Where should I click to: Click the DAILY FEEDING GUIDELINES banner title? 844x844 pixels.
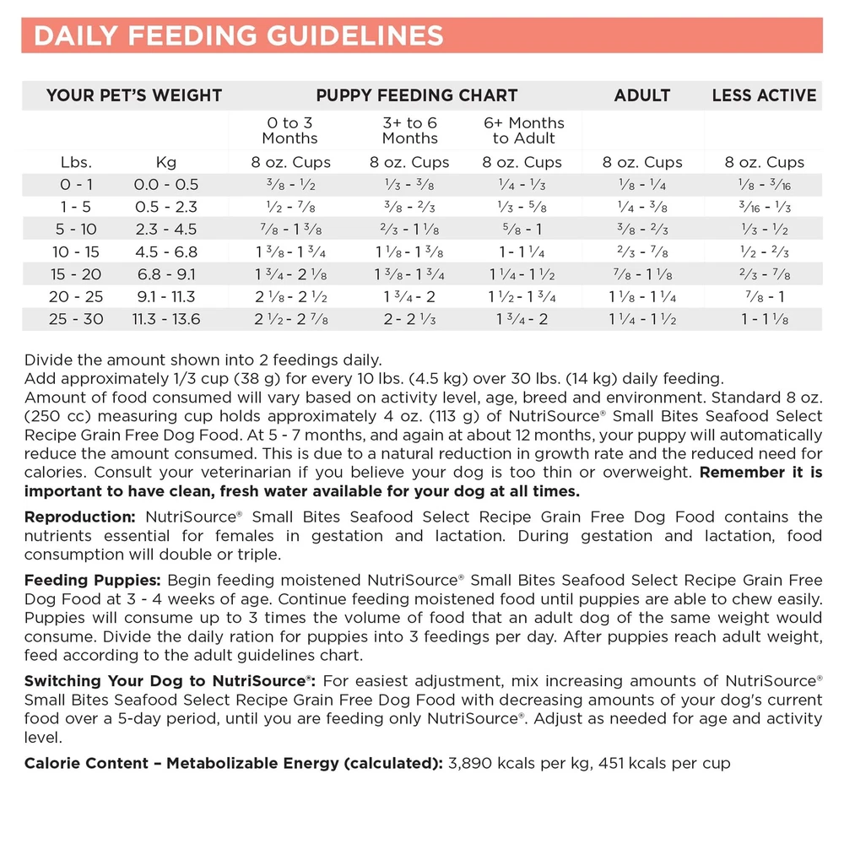tap(239, 36)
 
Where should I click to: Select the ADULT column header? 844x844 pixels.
tap(642, 95)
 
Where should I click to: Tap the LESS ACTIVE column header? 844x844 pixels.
tap(764, 95)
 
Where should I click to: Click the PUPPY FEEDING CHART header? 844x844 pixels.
tap(416, 95)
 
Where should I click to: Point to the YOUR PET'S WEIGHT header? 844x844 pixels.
tap(134, 95)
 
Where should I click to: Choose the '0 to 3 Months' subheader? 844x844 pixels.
tap(289, 131)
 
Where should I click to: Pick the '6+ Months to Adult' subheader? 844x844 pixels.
tap(524, 131)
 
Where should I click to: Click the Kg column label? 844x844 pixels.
tap(166, 162)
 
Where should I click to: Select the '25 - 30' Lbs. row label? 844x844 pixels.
tap(76, 319)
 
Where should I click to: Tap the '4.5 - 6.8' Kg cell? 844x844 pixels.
tap(166, 252)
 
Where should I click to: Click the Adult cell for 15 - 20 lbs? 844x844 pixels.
tap(642, 274)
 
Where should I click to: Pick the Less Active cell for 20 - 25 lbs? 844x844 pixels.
tap(764, 296)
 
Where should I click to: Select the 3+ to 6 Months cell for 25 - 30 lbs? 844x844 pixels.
tap(410, 319)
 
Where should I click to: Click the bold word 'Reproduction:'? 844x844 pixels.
tap(80, 517)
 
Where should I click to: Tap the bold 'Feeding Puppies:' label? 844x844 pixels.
tap(93, 581)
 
